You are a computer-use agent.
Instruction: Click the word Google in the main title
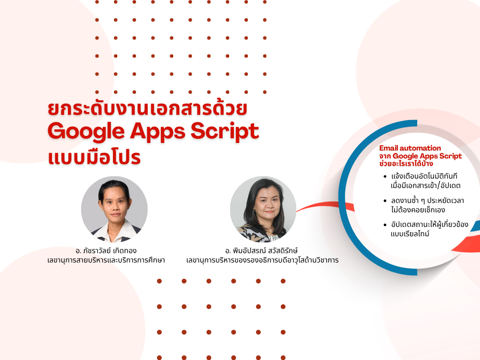[86, 132]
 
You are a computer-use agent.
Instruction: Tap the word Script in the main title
[225, 132]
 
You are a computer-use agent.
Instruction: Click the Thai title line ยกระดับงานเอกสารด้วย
[147, 108]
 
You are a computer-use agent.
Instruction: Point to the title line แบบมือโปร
[94, 157]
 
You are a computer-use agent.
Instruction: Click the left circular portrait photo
[114, 210]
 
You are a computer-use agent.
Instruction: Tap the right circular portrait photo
[263, 210]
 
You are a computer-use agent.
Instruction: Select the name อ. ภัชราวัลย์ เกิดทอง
[106, 251]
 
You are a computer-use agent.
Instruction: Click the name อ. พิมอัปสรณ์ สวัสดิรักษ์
[262, 251]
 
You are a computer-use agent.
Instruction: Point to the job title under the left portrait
[106, 260]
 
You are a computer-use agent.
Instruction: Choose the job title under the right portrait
[262, 260]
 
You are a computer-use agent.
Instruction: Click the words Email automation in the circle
[410, 148]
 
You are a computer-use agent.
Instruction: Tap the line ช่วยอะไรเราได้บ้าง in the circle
[406, 164]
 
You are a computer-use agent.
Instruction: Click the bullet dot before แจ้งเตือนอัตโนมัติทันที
[385, 177]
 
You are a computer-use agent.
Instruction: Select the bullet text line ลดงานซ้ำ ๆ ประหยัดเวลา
[427, 201]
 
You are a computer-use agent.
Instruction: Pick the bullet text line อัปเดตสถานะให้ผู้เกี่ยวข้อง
[429, 225]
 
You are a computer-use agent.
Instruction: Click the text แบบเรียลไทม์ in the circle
[410, 234]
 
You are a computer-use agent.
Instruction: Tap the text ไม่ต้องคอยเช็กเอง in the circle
[418, 210]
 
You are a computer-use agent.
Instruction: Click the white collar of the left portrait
[114, 232]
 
